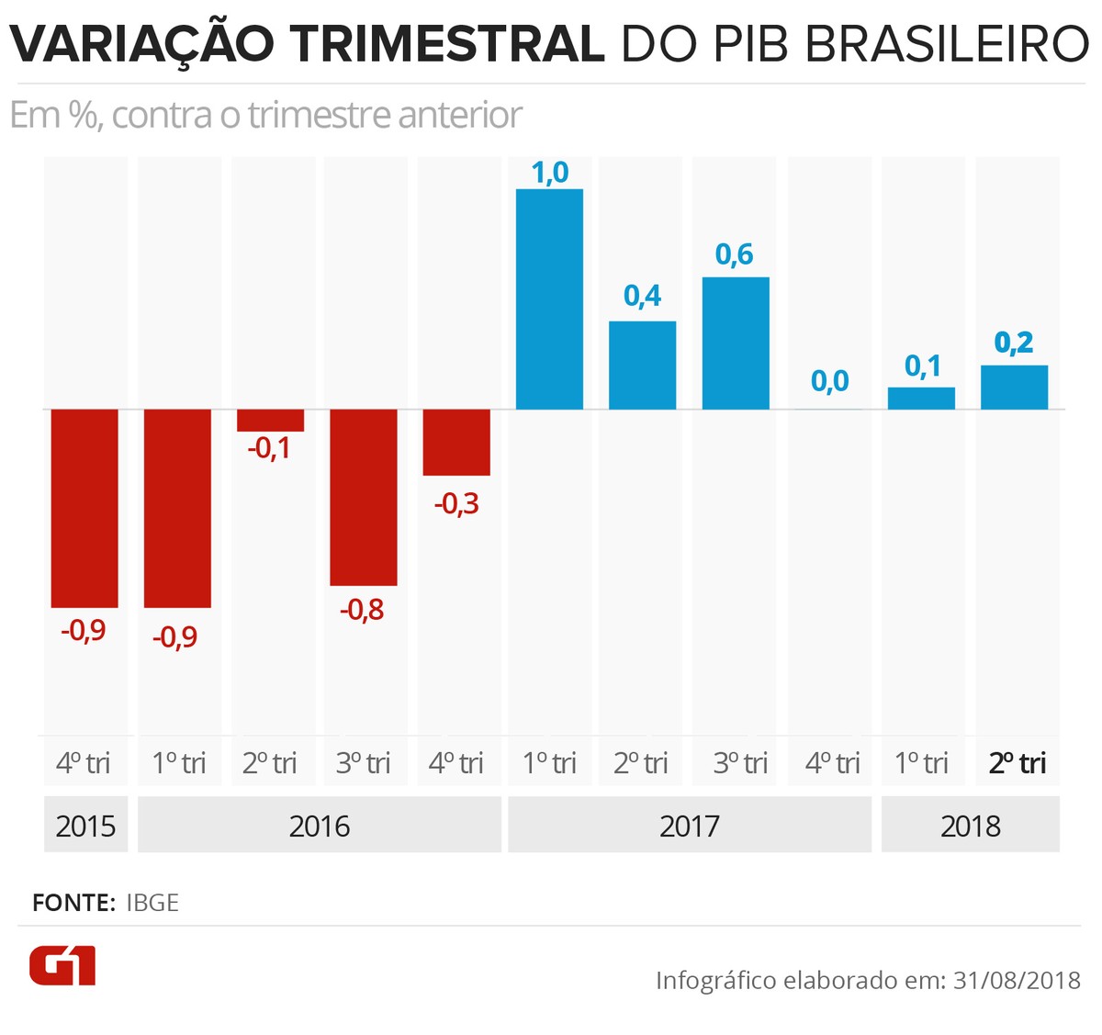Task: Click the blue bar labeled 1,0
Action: pyautogui.click(x=549, y=298)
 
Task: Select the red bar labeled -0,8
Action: pyautogui.click(x=364, y=497)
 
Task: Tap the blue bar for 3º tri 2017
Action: pyautogui.click(x=736, y=343)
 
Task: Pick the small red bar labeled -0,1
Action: pyautogui.click(x=270, y=420)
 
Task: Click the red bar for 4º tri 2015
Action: pyautogui.click(x=84, y=508)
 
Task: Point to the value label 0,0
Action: pyautogui.click(x=829, y=381)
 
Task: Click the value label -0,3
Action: pyautogui.click(x=456, y=503)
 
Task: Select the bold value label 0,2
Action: pyautogui.click(x=1014, y=343)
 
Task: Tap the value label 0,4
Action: pyautogui.click(x=642, y=296)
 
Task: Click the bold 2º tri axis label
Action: pyautogui.click(x=1017, y=763)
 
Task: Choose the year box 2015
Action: pyautogui.click(x=85, y=826)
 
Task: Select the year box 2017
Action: pyautogui.click(x=689, y=826)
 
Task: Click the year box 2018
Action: pyautogui.click(x=970, y=826)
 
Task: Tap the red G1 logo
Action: pyautogui.click(x=62, y=965)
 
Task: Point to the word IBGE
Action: pyautogui.click(x=152, y=903)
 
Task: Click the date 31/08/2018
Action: pyautogui.click(x=1017, y=980)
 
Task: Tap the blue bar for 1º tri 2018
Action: pyautogui.click(x=921, y=398)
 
